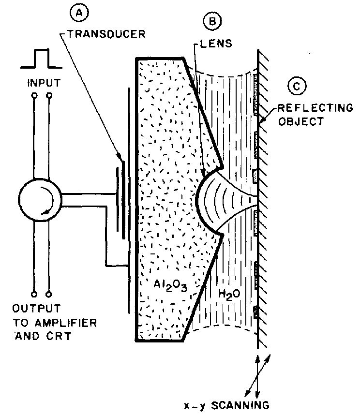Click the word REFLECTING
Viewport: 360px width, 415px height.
point(318,108)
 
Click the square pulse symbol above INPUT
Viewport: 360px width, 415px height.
point(41,59)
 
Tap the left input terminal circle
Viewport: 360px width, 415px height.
point(34,96)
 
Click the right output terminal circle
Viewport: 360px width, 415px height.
point(49,293)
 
